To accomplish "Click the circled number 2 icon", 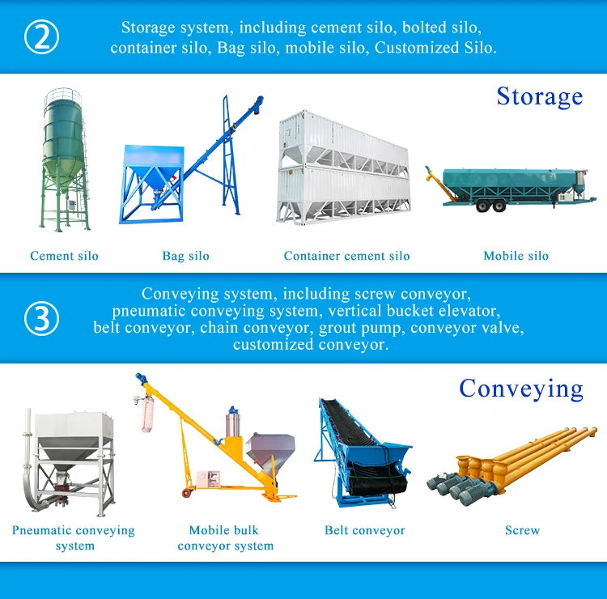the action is coord(41,36).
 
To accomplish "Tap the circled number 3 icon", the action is coord(41,318).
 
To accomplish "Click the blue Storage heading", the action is coord(540,97).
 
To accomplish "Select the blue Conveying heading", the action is coord(521,389).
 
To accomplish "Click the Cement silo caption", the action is coord(64,256).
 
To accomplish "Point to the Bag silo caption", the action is coord(186,256).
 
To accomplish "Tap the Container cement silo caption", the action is coord(347,256).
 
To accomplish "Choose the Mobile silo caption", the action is coord(516,256).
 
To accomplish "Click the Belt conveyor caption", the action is coord(365,530).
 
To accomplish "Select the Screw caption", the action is coord(523,530).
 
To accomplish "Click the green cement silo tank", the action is coord(63,135).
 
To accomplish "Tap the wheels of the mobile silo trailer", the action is coord(490,206).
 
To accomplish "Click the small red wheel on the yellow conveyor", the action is coord(187,493).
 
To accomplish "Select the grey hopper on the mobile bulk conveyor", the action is coord(270,451).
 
